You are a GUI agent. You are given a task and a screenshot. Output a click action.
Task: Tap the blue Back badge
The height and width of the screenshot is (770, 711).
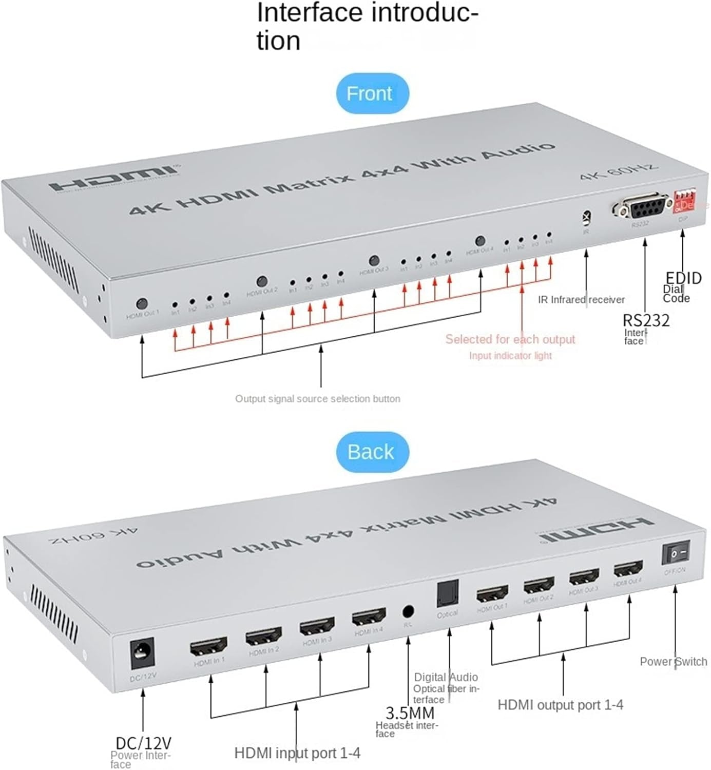372,452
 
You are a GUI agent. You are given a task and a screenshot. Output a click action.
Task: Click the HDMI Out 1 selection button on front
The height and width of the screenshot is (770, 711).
143,303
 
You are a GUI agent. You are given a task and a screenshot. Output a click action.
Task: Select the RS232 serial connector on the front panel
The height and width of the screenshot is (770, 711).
642,207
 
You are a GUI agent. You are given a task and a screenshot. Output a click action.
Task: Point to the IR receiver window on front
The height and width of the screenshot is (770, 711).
586,218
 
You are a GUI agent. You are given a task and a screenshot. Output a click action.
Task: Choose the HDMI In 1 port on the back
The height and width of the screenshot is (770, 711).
208,647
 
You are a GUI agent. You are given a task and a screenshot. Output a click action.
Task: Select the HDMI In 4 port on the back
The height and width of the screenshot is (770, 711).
369,617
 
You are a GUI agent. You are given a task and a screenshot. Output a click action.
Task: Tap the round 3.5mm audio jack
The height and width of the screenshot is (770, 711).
408,611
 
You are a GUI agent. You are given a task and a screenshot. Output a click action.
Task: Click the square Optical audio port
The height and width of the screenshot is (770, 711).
447,594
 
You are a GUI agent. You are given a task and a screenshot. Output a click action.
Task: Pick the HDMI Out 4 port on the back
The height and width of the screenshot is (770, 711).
628,569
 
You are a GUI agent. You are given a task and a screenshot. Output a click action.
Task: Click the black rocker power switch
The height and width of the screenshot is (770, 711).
675,553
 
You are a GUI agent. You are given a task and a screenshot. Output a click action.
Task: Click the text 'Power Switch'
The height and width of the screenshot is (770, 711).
673,662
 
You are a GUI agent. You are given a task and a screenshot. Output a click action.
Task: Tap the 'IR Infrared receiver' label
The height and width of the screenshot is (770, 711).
581,299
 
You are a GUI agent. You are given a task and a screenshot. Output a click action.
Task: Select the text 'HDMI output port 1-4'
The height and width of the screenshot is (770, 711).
560,705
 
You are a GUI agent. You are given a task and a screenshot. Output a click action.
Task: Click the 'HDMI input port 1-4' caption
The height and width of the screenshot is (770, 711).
297,753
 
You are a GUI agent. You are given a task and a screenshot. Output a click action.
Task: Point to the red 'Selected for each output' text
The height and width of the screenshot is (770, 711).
510,339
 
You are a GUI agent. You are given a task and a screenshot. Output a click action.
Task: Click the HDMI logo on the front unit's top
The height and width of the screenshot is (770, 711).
114,177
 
